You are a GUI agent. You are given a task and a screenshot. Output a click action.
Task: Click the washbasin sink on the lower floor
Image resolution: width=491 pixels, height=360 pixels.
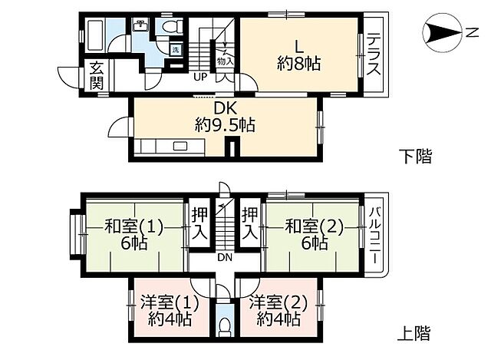click(141, 28)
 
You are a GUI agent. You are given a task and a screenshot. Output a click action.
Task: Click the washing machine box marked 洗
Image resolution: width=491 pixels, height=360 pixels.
click(175, 49)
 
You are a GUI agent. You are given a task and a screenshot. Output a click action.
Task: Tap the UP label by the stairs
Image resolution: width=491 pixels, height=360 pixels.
click(199, 76)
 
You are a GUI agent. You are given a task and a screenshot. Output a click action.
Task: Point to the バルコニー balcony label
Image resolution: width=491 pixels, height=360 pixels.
click(374, 235)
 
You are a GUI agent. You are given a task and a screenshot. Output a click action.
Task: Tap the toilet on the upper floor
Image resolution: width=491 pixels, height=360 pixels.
click(224, 325)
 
